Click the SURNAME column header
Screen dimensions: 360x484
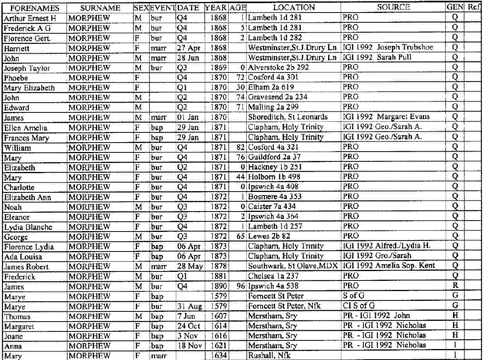pyautogui.click(x=100, y=8)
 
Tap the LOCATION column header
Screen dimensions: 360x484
pyautogui.click(x=294, y=7)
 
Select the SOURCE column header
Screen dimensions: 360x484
pyautogui.click(x=394, y=7)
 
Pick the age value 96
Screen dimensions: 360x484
pyautogui.click(x=241, y=286)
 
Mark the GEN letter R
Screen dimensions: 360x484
pyautogui.click(x=455, y=286)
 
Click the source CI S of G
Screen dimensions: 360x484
pyautogui.click(x=359, y=306)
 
